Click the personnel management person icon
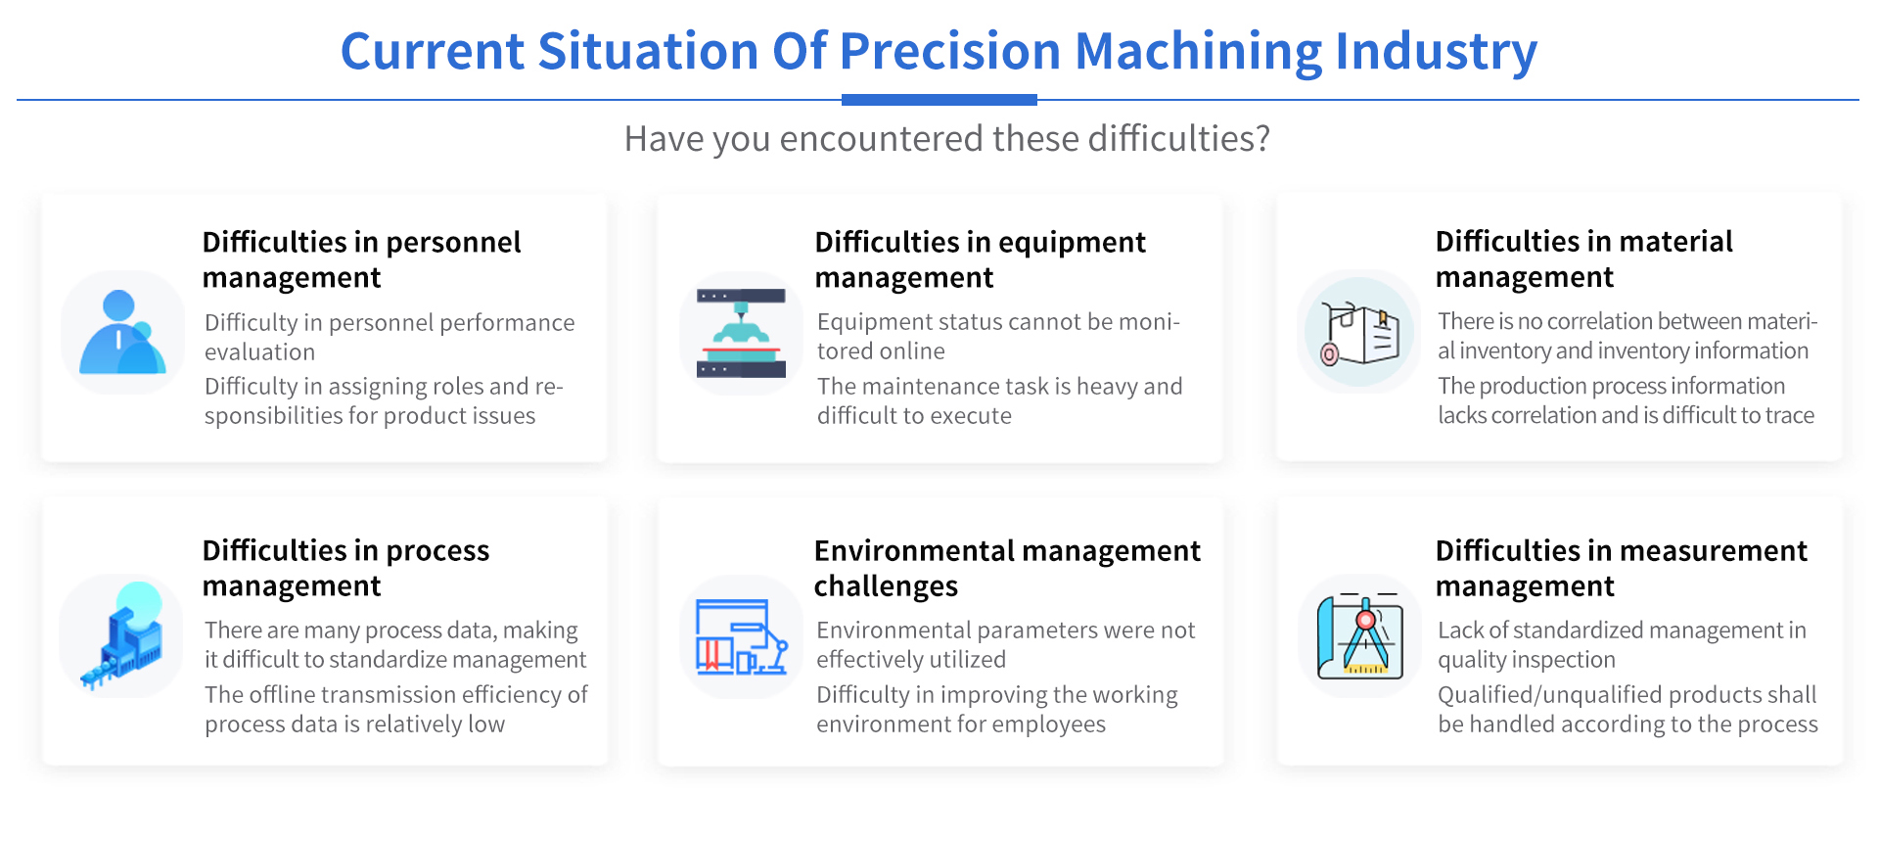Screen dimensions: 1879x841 pyautogui.click(x=122, y=332)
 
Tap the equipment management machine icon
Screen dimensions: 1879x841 pyautogui.click(x=741, y=333)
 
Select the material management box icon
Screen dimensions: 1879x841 pyautogui.click(x=1359, y=333)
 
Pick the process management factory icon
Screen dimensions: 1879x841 pyautogui.click(x=122, y=635)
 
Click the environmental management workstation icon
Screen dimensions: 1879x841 pyautogui.click(x=741, y=636)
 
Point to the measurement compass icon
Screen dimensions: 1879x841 pyautogui.click(x=1360, y=635)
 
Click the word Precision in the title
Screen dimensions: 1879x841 pyautogui.click(x=950, y=51)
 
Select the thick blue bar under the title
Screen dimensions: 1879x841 pyautogui.click(x=939, y=100)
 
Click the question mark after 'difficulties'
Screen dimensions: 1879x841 pyautogui.click(x=1262, y=138)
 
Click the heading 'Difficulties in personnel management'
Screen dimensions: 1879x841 pyautogui.click(x=361, y=259)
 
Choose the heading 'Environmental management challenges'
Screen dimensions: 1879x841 pyautogui.click(x=1007, y=568)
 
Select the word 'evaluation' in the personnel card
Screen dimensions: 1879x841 pyautogui.click(x=260, y=351)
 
